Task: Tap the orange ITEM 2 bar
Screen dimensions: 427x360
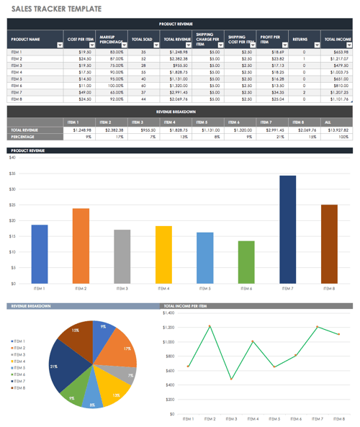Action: coord(81,245)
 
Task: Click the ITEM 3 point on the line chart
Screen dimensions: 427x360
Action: coord(232,379)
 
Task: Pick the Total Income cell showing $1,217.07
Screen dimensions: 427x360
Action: coord(338,59)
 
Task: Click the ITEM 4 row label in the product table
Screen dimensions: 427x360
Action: coord(17,72)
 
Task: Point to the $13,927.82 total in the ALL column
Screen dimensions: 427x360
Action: coord(338,130)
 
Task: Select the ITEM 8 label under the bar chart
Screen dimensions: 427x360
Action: coord(329,288)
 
